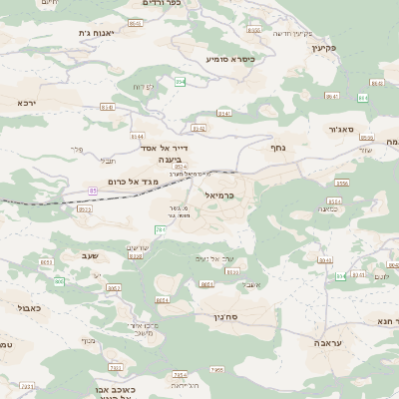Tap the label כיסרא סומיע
pyautogui.click(x=230, y=59)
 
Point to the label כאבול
pyautogui.click(x=30, y=309)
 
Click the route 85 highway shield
pyautogui.click(x=93, y=190)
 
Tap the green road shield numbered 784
pyautogui.click(x=161, y=229)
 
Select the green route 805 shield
pyautogui.click(x=59, y=281)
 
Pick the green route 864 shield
pyautogui.click(x=362, y=98)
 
